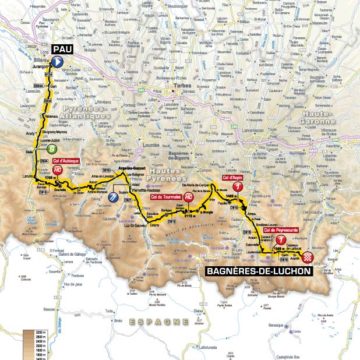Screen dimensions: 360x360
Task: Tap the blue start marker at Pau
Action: click(59, 61)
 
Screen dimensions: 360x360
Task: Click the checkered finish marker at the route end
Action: click(307, 256)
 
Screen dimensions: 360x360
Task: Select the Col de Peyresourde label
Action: click(282, 228)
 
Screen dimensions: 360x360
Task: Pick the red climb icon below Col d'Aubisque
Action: click(59, 171)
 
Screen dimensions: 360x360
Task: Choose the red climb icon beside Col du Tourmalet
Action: click(188, 199)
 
